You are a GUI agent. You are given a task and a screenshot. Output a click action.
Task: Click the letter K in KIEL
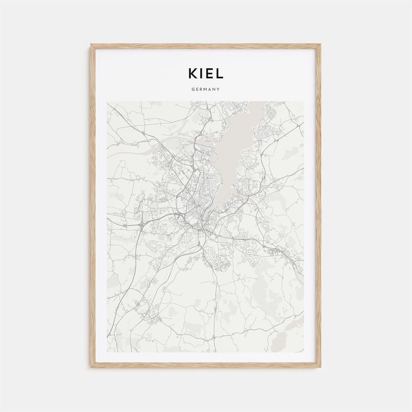coord(193,74)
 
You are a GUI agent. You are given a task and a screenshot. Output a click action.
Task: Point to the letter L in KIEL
coord(220,74)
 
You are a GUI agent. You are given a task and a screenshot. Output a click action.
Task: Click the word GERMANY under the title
coord(206,89)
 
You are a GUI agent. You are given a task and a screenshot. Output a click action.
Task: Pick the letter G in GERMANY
coord(193,89)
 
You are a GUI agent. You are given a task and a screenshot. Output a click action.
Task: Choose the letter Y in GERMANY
coord(219,89)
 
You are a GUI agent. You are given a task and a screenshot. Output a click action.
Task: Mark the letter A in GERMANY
coord(210,89)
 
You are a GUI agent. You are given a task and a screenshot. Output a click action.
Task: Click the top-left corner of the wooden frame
coord(91,45)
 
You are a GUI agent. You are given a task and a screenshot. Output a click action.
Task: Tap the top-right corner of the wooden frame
coord(320,45)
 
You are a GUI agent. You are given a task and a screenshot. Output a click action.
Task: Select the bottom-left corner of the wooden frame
coord(91,367)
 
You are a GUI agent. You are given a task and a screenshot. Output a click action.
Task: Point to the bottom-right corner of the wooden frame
coord(320,367)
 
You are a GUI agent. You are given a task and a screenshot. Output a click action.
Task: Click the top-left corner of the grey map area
coord(107,101)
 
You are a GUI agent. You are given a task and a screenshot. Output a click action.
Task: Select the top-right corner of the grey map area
coord(304,101)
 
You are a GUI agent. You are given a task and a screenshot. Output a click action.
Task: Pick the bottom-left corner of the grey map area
coord(107,352)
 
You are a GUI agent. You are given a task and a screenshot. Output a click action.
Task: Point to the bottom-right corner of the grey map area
coord(304,352)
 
